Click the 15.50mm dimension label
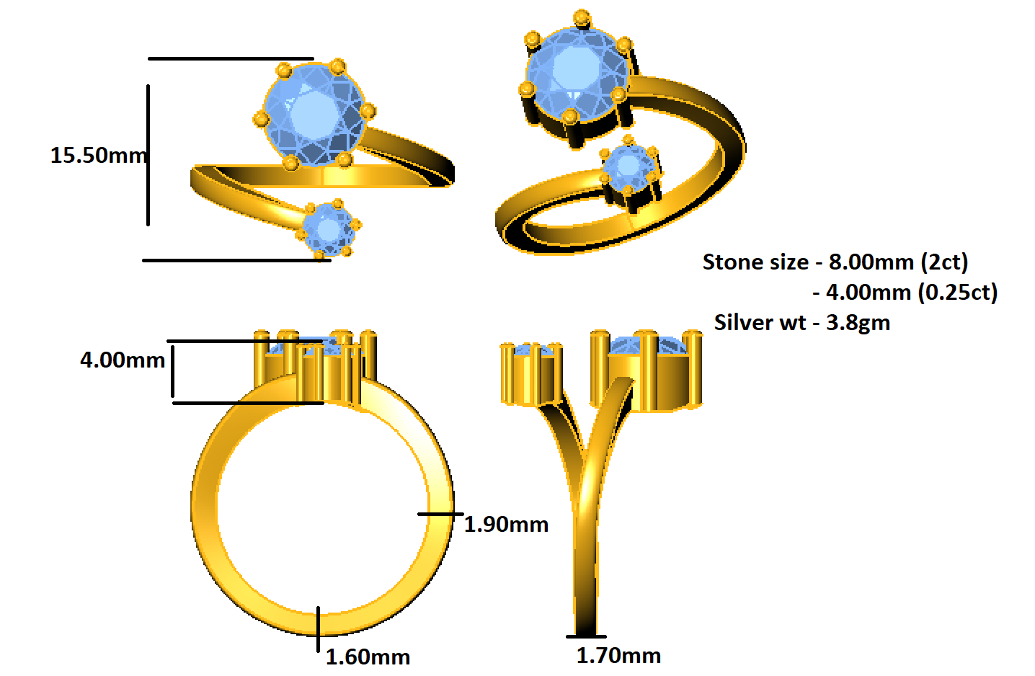click(98, 155)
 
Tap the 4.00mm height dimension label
click(123, 360)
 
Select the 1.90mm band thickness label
click(506, 524)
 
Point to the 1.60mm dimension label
click(368, 657)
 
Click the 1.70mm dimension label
click(618, 655)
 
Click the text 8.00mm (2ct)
click(898, 262)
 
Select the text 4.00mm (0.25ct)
click(912, 292)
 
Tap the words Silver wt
click(760, 322)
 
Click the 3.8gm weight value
click(858, 322)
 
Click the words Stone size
click(755, 262)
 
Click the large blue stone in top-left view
click(314, 114)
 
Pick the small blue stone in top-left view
click(329, 229)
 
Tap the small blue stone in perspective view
click(628, 166)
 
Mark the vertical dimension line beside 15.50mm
click(148, 155)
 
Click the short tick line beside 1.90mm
click(440, 514)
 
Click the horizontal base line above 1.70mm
click(585, 636)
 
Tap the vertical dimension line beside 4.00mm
click(173, 371)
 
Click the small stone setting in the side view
click(532, 375)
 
